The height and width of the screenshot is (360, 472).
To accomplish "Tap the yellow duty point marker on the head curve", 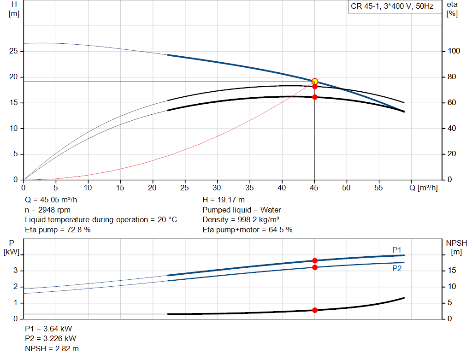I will pos(315,82).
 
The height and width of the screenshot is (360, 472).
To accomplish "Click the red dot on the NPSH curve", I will pos(315,310).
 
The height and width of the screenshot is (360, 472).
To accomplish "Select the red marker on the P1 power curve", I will pos(315,260).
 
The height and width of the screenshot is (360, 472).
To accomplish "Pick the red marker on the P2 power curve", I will pos(315,267).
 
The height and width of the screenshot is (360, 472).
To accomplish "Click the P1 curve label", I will pos(397,250).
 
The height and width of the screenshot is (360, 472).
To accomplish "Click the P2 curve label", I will pos(397,268).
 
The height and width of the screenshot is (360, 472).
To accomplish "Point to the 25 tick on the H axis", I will pos(14,51).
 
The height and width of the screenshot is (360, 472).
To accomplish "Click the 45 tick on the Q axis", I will pos(314,188).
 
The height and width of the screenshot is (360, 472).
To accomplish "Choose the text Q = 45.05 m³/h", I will pos(51,200).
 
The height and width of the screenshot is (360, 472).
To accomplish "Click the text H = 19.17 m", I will pos(224,200).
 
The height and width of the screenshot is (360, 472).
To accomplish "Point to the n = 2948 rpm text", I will pos(48,210).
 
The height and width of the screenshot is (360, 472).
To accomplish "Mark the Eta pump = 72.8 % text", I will pos(58,229).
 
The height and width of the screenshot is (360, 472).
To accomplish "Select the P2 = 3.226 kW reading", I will pos(49,339).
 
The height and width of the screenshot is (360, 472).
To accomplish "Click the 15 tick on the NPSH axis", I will pos(452,271).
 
